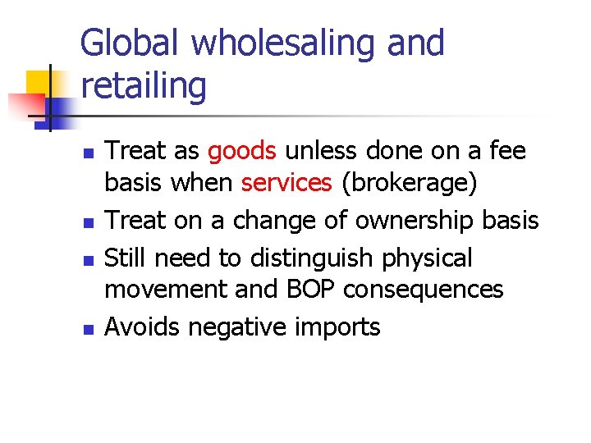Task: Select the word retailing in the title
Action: click(144, 84)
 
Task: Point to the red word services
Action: click(286, 183)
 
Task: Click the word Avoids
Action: click(143, 327)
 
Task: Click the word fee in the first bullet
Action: click(507, 152)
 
